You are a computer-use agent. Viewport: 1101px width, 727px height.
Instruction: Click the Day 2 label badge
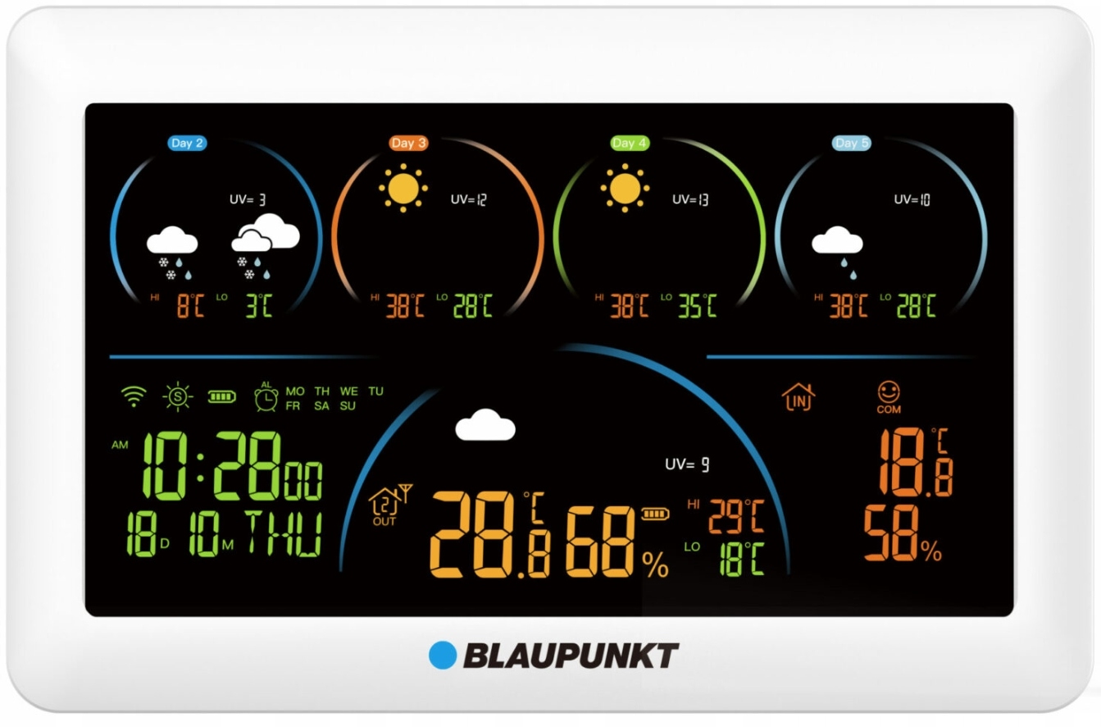pyautogui.click(x=188, y=143)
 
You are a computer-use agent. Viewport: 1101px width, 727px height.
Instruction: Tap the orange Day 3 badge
pyautogui.click(x=408, y=143)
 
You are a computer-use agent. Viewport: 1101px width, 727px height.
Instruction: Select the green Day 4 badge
pyautogui.click(x=630, y=143)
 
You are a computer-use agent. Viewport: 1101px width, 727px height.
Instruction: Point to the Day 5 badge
pyautogui.click(x=852, y=143)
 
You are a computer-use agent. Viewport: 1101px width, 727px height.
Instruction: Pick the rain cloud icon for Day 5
pyautogui.click(x=837, y=249)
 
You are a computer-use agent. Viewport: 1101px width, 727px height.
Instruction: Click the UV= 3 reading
pyautogui.click(x=248, y=199)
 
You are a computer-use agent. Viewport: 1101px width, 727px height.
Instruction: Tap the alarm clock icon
pyautogui.click(x=266, y=397)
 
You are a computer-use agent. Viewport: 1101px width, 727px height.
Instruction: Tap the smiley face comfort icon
pyautogui.click(x=889, y=392)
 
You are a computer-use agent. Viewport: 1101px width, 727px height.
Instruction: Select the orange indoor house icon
pyautogui.click(x=798, y=397)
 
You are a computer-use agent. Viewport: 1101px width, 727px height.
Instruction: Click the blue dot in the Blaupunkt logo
pyautogui.click(x=442, y=655)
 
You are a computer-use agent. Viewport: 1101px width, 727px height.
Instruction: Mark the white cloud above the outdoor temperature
pyautogui.click(x=485, y=425)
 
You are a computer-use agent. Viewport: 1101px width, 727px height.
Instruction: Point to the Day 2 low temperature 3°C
pyautogui.click(x=258, y=306)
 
